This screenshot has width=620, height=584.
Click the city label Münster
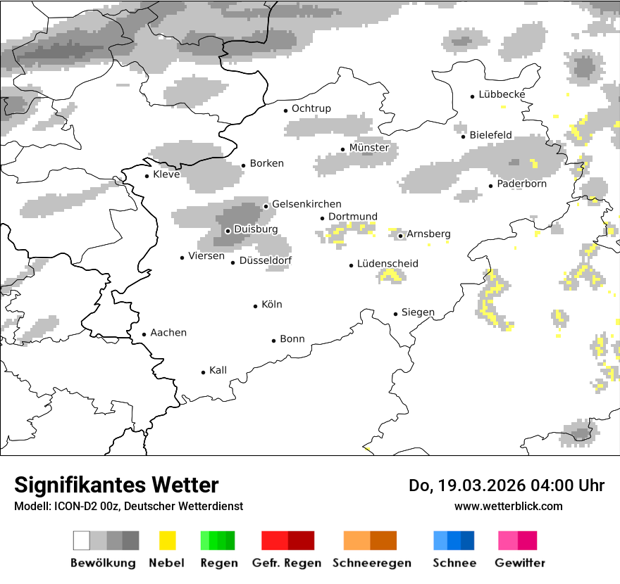click(369, 148)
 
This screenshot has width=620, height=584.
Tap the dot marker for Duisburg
click(228, 231)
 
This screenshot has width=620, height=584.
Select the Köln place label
click(272, 305)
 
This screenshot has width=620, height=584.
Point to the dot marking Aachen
click(144, 335)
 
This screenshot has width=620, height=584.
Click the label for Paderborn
click(522, 184)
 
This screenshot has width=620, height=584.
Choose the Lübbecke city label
click(502, 94)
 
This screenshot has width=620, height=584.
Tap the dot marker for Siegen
click(396, 314)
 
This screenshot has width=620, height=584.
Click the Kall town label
click(218, 370)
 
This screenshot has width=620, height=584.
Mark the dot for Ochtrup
click(285, 110)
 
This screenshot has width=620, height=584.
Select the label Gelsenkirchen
click(306, 204)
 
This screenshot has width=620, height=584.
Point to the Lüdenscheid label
click(387, 264)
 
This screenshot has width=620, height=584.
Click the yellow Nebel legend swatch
click(168, 540)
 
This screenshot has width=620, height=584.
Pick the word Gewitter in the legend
click(520, 563)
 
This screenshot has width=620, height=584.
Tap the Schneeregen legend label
click(372, 563)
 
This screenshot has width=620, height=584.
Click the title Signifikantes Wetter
click(116, 485)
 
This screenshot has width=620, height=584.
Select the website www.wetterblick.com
click(509, 506)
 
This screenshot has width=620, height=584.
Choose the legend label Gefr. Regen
click(287, 563)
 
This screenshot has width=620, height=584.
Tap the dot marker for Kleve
click(147, 176)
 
